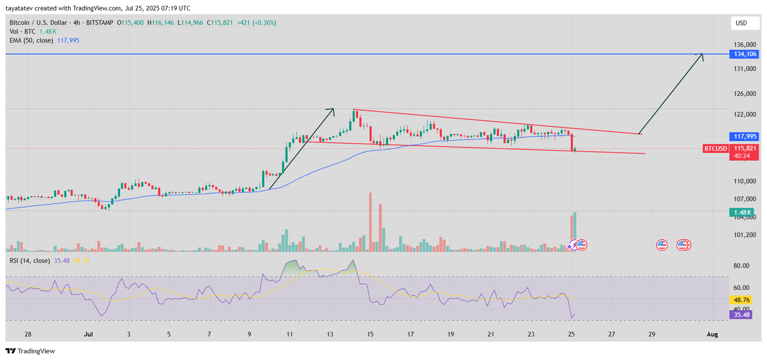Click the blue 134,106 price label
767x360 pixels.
tap(744, 54)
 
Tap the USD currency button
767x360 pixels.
tap(742, 23)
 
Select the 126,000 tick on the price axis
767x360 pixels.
tap(744, 94)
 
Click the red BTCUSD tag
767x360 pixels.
tap(715, 149)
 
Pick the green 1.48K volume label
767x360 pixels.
tap(742, 212)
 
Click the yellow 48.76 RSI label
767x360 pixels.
tap(742, 300)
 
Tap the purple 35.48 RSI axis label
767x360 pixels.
tap(742, 315)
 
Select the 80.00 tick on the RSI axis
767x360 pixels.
tap(741, 266)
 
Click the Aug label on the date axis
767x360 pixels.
tap(712, 334)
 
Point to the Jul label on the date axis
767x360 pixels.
tap(88, 334)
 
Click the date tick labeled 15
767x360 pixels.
tap(370, 334)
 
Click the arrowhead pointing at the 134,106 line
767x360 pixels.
tap(701, 56)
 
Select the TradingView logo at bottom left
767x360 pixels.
tap(30, 351)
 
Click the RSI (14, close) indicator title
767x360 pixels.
tap(30, 261)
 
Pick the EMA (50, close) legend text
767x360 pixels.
tap(31, 40)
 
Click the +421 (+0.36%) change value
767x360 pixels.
tap(256, 23)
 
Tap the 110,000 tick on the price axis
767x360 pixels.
tap(744, 181)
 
